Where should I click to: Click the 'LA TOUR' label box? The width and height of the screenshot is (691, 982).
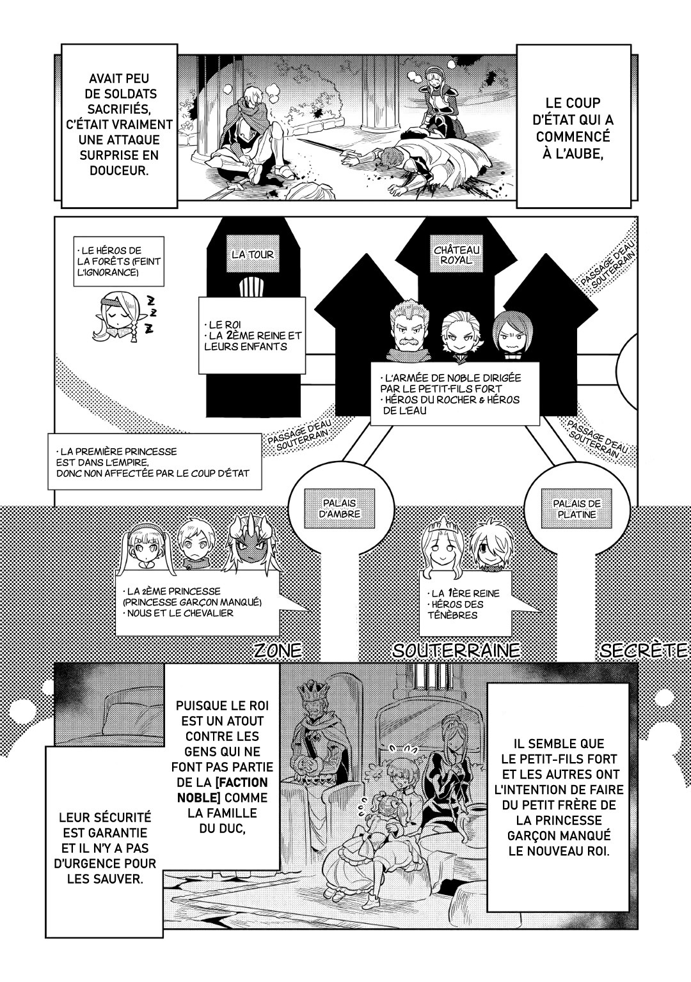[252, 254]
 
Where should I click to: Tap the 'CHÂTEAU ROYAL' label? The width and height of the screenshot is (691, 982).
[450, 254]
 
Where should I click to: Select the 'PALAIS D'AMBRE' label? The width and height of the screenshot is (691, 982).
[340, 508]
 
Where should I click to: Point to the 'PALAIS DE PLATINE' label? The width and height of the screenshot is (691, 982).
[577, 508]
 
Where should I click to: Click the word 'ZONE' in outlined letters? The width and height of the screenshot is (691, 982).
[278, 651]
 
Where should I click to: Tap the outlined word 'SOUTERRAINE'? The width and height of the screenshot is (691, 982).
[456, 651]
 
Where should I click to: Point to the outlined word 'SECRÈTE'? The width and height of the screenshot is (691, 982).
[643, 651]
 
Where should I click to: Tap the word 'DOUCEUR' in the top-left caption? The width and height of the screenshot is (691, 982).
[118, 171]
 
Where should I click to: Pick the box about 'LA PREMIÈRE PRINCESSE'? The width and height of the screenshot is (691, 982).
[154, 462]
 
